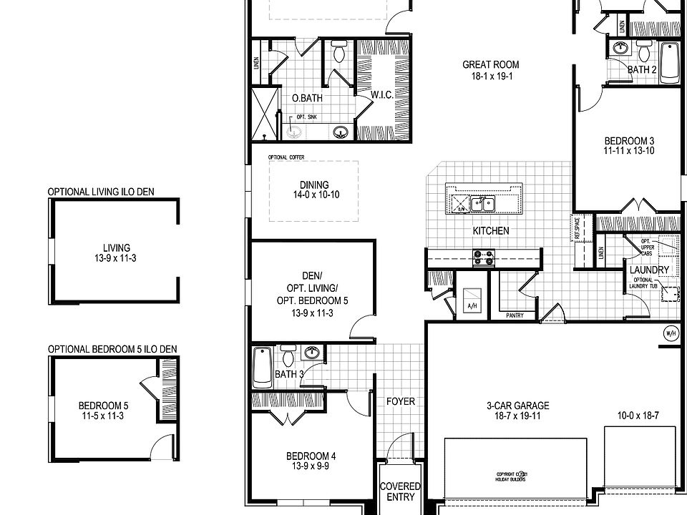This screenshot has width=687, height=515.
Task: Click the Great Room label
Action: (x=490, y=64)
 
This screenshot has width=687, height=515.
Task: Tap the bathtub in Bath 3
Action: (x=263, y=366)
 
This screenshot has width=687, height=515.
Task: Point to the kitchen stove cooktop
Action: (x=483, y=257)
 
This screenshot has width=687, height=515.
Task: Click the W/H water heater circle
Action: (x=671, y=333)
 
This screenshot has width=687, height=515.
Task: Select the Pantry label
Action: (x=515, y=315)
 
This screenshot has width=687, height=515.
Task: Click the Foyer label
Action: (x=400, y=401)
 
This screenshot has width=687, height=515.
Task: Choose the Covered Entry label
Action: (x=400, y=491)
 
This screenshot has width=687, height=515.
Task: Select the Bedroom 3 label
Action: (x=629, y=141)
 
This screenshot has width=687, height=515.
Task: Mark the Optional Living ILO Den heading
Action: (x=101, y=192)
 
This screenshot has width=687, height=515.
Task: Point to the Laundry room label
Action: (x=649, y=270)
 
